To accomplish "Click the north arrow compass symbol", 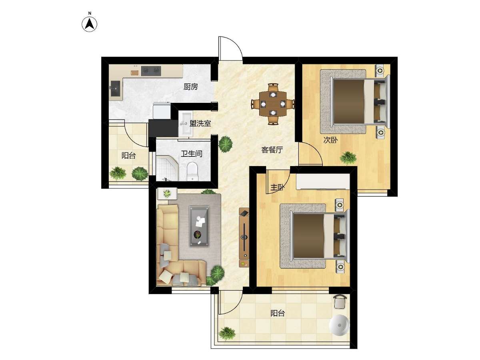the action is pos(90,24).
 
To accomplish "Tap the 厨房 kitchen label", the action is pos(191,87).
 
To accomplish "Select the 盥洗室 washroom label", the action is pos(200,124).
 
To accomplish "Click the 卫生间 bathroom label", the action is pos(191,154).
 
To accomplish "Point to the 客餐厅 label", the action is pos(272,150).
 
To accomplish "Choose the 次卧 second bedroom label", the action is pos(330,140).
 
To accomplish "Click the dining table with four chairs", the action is pos(273,104).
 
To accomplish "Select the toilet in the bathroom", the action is pos(192,171).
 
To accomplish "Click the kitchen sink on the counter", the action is pos(115,88).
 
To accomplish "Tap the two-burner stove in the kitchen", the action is pos(151,71).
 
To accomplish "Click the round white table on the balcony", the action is pos(339,326).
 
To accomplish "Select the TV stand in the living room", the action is pos(244,237).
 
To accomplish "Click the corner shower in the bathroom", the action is pos(167,168).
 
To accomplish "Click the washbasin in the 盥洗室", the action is pos(186,124).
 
